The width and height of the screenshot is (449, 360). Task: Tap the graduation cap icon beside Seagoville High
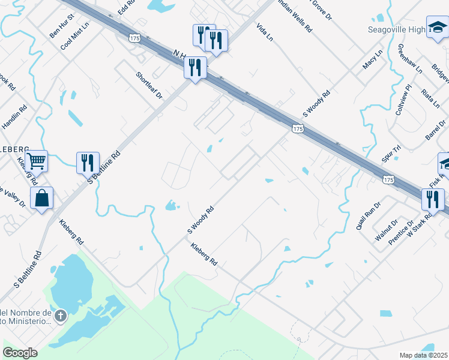(x=437, y=28)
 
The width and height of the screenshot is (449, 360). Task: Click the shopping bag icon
(x=41, y=199)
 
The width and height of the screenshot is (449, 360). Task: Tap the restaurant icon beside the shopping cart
(x=88, y=163)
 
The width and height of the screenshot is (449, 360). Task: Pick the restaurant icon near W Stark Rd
(x=432, y=200)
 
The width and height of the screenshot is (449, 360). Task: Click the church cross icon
(x=60, y=316)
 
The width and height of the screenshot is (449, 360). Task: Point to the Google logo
(x=20, y=353)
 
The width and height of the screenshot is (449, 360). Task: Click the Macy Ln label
(x=373, y=61)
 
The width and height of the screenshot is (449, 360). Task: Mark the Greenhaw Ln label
(x=410, y=58)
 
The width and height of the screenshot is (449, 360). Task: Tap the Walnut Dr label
(x=387, y=230)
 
